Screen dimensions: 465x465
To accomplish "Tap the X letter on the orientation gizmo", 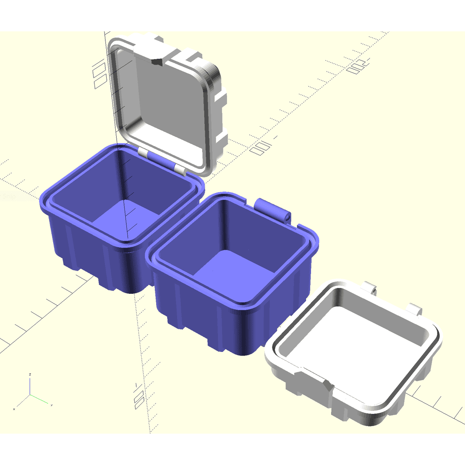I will point(14,409).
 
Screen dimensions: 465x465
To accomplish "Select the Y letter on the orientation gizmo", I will point(52,404).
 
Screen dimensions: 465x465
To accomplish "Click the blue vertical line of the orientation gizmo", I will point(30,386).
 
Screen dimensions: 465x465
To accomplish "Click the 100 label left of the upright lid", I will point(99,75).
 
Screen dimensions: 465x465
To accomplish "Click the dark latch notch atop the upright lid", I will point(157,62).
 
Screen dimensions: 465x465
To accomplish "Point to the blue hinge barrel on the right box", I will point(273,208).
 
